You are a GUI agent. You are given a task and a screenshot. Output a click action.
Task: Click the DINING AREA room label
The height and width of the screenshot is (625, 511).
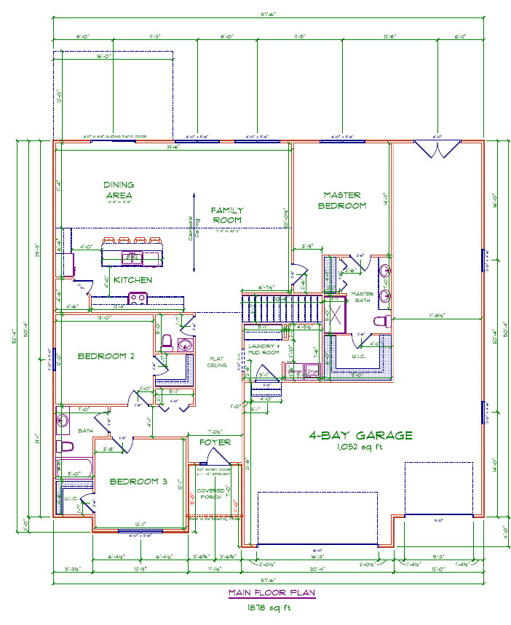click(119, 190)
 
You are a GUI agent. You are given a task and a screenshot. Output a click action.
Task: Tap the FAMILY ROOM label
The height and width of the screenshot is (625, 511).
click(226, 215)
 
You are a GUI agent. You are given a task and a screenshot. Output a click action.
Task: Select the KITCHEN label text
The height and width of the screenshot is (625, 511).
click(132, 280)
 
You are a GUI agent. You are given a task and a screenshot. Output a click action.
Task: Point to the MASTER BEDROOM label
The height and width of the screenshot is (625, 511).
click(344, 200)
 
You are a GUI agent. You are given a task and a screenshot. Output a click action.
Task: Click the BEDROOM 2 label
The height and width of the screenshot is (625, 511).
click(106, 356)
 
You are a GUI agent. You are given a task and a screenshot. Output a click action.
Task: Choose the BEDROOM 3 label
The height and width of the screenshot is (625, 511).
click(138, 482)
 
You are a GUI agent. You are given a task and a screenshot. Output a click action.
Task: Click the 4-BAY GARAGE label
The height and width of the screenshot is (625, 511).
click(360, 435)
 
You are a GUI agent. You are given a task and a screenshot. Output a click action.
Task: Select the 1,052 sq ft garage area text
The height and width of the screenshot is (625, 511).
click(360, 447)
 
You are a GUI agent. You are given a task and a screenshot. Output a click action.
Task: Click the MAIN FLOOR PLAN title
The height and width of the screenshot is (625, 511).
click(272, 592)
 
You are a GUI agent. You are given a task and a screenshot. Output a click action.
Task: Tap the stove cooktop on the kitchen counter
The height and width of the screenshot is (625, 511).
click(137, 298)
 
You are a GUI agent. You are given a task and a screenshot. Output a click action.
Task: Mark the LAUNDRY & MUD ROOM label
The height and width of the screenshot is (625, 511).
click(264, 349)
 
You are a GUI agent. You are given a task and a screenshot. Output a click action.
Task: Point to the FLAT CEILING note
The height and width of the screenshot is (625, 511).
click(217, 362)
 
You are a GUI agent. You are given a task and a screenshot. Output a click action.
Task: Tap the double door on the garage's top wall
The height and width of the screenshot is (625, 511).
click(437, 150)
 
